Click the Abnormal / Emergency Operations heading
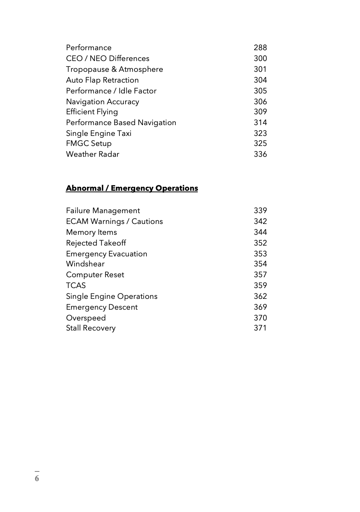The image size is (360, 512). [x=132, y=188]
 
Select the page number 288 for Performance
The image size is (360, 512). [x=260, y=47]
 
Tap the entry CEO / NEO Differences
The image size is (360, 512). [x=107, y=58]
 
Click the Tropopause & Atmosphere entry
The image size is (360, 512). [x=114, y=69]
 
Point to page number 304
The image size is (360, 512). [x=260, y=80]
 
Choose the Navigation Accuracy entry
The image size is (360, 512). [x=102, y=102]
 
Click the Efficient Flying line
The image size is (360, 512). [x=92, y=112]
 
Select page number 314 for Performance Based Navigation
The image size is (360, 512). [x=260, y=122]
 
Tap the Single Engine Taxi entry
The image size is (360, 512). [x=98, y=134]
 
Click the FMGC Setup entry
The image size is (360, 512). [x=88, y=144]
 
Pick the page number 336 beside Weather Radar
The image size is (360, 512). [x=260, y=154]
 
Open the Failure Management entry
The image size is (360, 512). [x=103, y=211]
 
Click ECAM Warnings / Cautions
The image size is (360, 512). [x=114, y=222]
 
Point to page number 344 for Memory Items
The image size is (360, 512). [x=260, y=232]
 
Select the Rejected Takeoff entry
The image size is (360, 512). [x=96, y=243]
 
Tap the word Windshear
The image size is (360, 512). [x=85, y=264]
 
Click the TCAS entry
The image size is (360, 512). [x=76, y=286]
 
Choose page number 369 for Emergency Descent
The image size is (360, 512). [x=260, y=307]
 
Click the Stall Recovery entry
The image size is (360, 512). [x=90, y=328]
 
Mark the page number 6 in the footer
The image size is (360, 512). [x=37, y=478]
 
